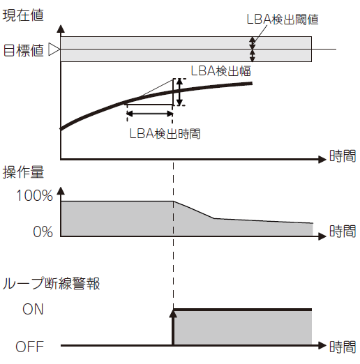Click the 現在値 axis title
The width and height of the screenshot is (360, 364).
[x=23, y=15]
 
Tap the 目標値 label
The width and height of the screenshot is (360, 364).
[x=24, y=50]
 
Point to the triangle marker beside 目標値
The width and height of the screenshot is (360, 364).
[x=54, y=49]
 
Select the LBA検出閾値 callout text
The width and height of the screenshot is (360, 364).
[x=283, y=19]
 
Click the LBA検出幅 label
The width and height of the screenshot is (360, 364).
[x=220, y=70]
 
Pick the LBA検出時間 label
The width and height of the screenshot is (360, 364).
[x=165, y=134]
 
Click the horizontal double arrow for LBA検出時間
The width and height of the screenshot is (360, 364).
[x=149, y=114]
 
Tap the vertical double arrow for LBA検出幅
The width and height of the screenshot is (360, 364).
[x=179, y=92]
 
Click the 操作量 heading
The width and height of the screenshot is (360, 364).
[x=23, y=172]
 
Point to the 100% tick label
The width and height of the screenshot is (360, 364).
[x=34, y=195]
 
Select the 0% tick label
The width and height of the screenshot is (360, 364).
[x=43, y=232]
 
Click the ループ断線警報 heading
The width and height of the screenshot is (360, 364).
[x=51, y=283]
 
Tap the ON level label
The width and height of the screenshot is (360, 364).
[x=33, y=309]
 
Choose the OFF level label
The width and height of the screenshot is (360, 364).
[x=29, y=347]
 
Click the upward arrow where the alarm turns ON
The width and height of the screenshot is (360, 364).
[x=173, y=327]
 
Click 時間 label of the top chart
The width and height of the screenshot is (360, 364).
[x=343, y=156]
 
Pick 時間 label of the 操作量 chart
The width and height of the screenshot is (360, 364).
[x=343, y=231]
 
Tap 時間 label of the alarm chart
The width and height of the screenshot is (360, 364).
[x=343, y=347]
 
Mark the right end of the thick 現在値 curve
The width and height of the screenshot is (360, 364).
[x=252, y=83]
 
